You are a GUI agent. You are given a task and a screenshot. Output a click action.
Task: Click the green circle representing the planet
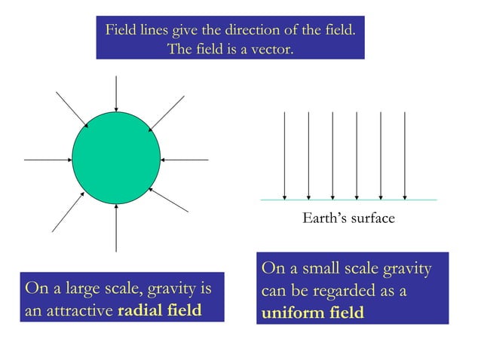click(x=116, y=159)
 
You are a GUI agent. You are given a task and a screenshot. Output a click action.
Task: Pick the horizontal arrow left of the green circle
click(x=47, y=160)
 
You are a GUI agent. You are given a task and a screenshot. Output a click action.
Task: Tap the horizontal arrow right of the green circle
click(x=185, y=160)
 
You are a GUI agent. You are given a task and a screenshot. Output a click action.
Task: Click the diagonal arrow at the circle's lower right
click(x=169, y=199)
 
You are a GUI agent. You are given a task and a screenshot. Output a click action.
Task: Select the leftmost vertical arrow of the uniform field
click(x=284, y=155)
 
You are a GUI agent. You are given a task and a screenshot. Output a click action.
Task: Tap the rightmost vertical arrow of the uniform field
click(x=405, y=155)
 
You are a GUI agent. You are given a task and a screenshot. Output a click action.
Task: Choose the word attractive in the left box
click(x=83, y=311)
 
